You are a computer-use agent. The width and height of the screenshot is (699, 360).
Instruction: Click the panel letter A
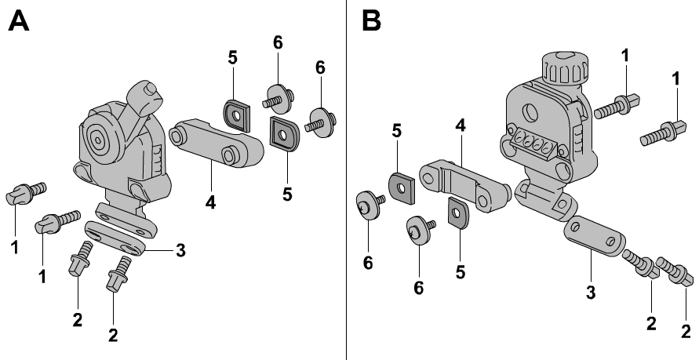pos(19,20)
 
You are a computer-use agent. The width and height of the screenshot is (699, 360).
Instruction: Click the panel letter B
pos(370,20)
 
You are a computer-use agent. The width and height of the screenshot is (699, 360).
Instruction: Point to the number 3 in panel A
pos(180,250)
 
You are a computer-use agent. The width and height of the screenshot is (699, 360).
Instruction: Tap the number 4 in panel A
pos(210,203)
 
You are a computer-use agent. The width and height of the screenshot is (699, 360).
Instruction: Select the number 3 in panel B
pos(590,293)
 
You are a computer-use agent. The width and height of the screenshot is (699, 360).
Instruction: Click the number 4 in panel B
pos(461,125)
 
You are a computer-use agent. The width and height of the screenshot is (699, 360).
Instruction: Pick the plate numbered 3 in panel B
pos(594,235)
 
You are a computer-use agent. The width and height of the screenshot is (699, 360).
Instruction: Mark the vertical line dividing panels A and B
pos(346,180)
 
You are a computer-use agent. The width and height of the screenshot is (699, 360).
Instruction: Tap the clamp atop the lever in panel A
pos(149,95)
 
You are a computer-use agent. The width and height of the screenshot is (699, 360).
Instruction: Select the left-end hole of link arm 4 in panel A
pos(176,135)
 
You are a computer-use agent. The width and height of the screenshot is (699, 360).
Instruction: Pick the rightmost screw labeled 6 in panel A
pos(320,122)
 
